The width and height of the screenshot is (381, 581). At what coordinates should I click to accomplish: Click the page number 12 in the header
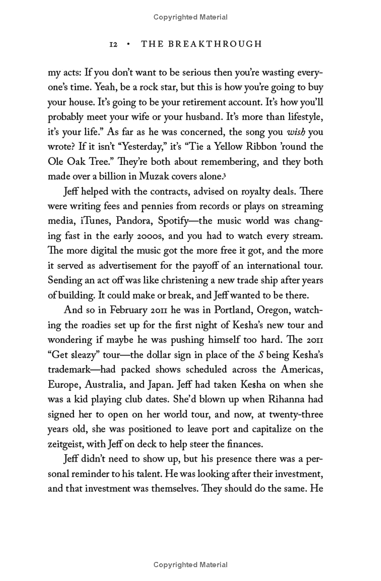[113, 44]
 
